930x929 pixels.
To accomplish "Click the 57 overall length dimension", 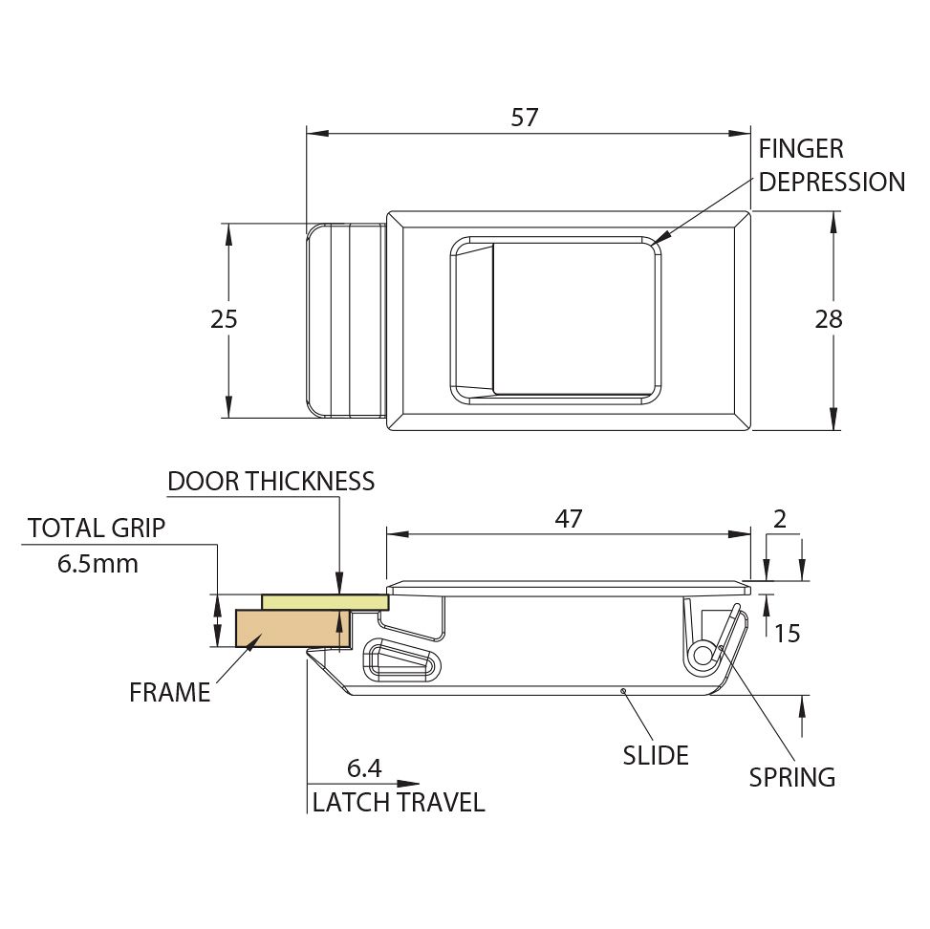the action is (x=525, y=118).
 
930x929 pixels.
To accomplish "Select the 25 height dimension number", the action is (x=224, y=319).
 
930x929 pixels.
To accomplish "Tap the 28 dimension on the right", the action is (x=829, y=319).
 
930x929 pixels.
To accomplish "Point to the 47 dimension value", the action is (x=569, y=519).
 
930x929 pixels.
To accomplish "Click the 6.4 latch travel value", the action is (x=364, y=768).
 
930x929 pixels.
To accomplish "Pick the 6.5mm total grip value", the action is (x=97, y=564).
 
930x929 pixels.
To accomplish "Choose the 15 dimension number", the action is (x=788, y=634).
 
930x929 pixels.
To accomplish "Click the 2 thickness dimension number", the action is (x=780, y=520).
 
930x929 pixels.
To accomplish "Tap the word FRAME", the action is (x=169, y=692).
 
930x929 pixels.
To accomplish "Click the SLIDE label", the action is (x=656, y=755).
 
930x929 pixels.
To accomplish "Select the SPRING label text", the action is (x=791, y=777).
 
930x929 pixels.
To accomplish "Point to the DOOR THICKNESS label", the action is (x=271, y=481).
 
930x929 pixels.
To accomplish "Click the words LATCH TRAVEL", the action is (x=399, y=802).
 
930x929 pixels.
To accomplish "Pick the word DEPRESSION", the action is (x=833, y=183).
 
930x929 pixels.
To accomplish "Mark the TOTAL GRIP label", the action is (x=97, y=528).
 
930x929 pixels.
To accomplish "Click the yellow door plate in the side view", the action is (x=325, y=602).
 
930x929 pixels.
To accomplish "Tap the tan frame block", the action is (x=294, y=628).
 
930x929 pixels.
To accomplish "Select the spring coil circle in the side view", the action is (x=703, y=656).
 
